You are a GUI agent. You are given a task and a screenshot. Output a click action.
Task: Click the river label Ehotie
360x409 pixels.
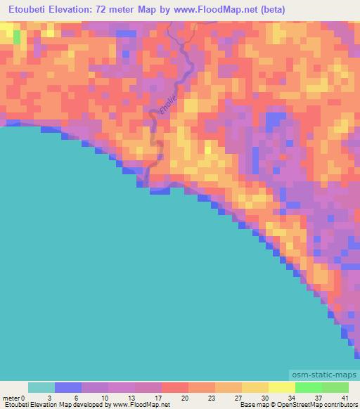pyautogui.click(x=166, y=108)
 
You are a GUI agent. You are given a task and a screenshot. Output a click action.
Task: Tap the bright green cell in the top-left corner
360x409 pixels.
pyautogui.click(x=16, y=37)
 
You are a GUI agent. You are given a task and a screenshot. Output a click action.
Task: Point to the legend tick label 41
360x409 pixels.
pyautogui.click(x=345, y=398)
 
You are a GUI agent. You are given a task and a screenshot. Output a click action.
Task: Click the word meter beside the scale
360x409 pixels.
pyautogui.click(x=11, y=398)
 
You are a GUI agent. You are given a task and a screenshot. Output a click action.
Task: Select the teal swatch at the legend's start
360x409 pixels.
pyautogui.click(x=41, y=387)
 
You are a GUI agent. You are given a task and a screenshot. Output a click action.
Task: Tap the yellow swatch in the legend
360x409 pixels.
pyautogui.click(x=282, y=387)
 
